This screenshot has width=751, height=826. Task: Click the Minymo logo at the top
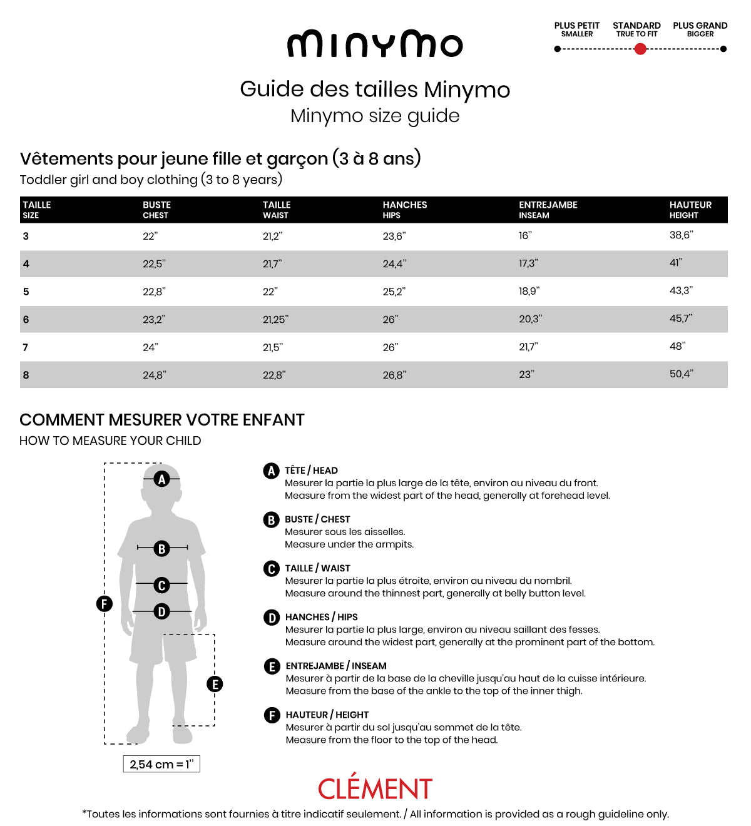375,44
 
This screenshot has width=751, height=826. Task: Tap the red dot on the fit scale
640,49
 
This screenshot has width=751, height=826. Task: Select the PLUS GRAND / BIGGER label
700,29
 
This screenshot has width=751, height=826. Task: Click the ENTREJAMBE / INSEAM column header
548,210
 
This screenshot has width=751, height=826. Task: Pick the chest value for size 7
150,347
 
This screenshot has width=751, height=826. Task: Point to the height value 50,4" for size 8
681,374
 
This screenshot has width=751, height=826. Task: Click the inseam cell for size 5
529,291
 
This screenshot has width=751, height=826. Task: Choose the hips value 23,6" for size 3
394,236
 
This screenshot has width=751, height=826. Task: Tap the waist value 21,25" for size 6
275,319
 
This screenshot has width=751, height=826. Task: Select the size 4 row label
26,264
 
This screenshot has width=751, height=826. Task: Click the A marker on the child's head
162,479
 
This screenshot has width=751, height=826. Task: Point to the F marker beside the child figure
104,604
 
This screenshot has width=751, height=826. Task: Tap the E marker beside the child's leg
215,684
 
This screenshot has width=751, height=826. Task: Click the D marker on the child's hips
161,611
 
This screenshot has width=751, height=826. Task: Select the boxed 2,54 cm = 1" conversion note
161,764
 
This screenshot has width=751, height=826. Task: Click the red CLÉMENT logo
375,788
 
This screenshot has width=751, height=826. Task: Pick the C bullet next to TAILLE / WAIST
271,569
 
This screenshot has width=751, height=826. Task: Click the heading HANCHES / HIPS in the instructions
321,617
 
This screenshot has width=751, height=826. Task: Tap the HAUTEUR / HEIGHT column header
690,210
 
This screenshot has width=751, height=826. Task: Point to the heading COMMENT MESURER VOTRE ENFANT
162,420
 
